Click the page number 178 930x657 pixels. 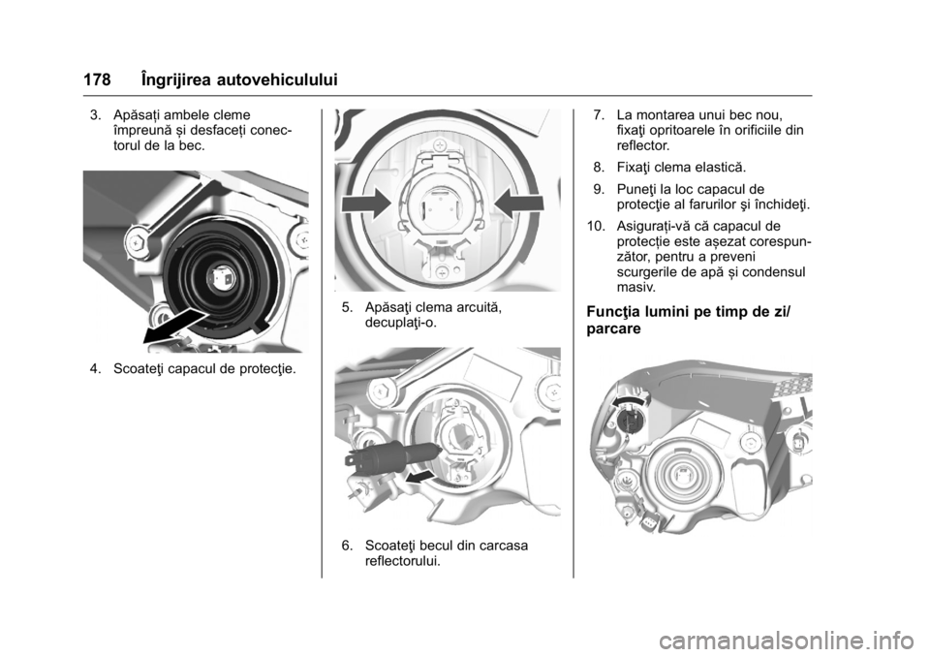97,80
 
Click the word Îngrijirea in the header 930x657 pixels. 175,80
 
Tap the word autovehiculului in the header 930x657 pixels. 277,80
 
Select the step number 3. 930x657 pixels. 94,114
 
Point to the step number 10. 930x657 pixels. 596,226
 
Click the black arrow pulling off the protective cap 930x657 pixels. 176,325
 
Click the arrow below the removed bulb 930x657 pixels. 423,477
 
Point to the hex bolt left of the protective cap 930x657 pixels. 136,241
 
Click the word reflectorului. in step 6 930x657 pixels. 403,561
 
